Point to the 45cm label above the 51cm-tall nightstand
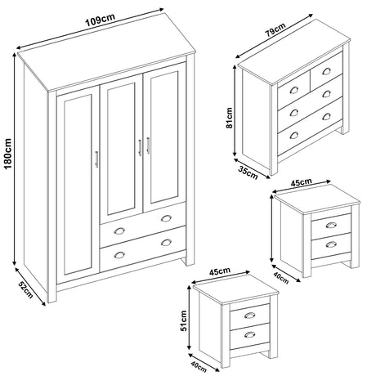(221, 271)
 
